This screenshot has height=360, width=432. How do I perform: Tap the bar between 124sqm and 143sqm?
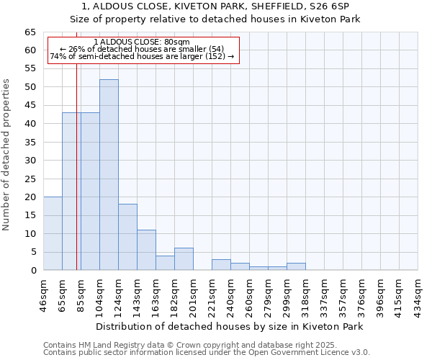point(127,237)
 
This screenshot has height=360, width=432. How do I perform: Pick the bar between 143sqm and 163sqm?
point(146,250)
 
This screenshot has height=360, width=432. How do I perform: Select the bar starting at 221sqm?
point(221,264)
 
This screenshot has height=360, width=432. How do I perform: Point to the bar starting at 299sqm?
point(296,266)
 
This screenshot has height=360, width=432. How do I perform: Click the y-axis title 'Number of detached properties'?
point(7,155)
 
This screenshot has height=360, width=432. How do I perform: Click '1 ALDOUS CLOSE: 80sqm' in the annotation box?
point(142,42)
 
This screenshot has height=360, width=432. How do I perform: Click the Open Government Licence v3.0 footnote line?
point(207,353)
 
